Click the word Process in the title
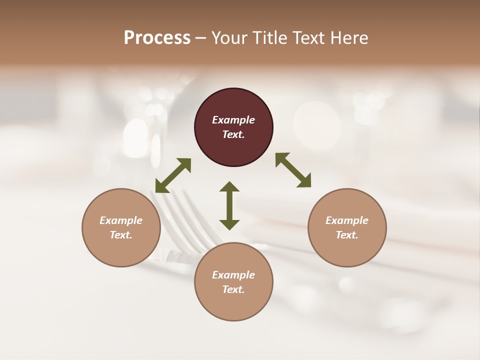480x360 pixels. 157,38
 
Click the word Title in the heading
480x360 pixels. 267,38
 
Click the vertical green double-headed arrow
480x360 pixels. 229,205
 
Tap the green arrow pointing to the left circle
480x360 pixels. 173,175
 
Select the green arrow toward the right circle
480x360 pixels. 293,170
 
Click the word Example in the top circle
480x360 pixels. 233,120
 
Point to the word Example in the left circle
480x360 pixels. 121,220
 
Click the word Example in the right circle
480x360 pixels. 347,220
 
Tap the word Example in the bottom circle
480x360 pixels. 233,275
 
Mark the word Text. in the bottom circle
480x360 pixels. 233,289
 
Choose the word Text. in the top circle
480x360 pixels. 233,134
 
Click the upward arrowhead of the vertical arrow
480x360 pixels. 229,186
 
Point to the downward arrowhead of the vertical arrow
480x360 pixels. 229,225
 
